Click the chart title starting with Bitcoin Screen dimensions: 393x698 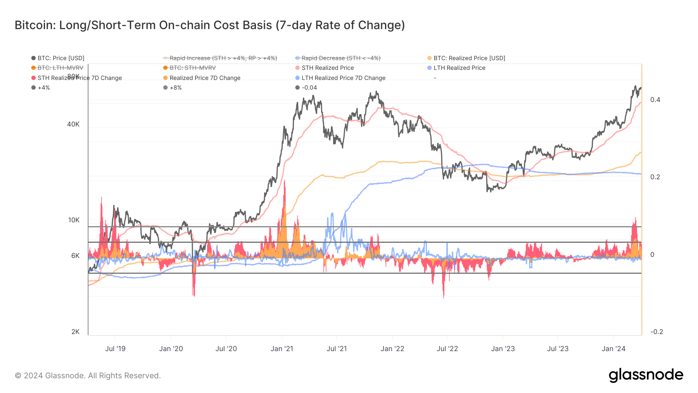209,25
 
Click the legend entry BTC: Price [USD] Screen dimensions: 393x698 60,58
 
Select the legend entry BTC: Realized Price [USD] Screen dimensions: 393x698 469,58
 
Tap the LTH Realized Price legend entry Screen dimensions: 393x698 459,68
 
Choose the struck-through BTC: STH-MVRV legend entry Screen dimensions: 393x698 192,68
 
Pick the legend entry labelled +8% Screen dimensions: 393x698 175,88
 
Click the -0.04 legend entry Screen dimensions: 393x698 309,88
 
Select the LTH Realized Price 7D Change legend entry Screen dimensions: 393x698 343,78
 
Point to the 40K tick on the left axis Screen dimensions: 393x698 73,124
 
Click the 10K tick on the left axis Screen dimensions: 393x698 74,220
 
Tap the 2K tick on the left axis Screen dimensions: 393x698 75,332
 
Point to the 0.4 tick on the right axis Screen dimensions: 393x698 655,100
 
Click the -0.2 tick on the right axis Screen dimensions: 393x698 657,332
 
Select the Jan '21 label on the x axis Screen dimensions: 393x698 282,349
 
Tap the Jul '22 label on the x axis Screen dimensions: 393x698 447,349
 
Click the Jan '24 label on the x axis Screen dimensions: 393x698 613,349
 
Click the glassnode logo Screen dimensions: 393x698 646,375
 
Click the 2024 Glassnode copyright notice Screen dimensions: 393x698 88,376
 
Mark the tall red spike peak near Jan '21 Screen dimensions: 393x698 285,182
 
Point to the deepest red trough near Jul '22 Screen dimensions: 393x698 444,297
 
